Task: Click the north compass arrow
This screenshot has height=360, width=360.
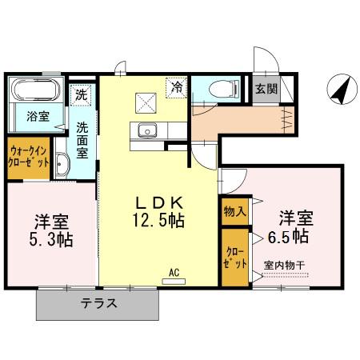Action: pyautogui.click(x=339, y=90)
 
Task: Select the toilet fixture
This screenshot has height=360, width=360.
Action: pyautogui.click(x=220, y=88)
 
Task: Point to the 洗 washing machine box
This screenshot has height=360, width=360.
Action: pyautogui.click(x=81, y=94)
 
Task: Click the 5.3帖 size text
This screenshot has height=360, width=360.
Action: pyautogui.click(x=49, y=239)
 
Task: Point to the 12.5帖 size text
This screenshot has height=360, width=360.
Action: pyautogui.click(x=159, y=218)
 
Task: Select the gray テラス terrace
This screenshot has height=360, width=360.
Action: pyautogui.click(x=99, y=303)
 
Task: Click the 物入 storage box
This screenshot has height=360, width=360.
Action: pyautogui.click(x=234, y=210)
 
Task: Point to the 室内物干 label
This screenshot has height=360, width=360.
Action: pyautogui.click(x=286, y=265)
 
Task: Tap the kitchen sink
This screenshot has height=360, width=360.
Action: pyautogui.click(x=147, y=131)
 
